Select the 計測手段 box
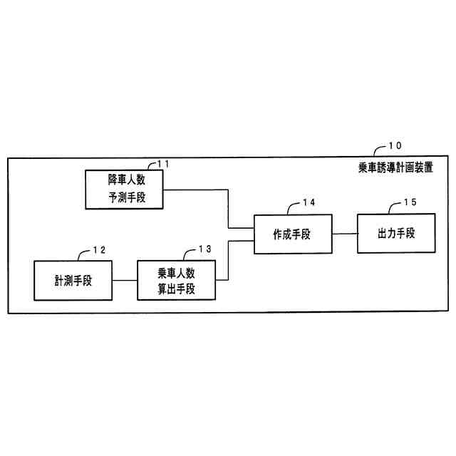[73, 280]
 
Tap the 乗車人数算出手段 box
[177, 280]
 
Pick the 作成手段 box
[291, 234]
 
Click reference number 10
[394, 147]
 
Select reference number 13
[204, 249]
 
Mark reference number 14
[309, 203]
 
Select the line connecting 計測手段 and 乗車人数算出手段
[125, 280]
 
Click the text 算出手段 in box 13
[177, 289]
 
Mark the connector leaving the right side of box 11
[196, 190]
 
